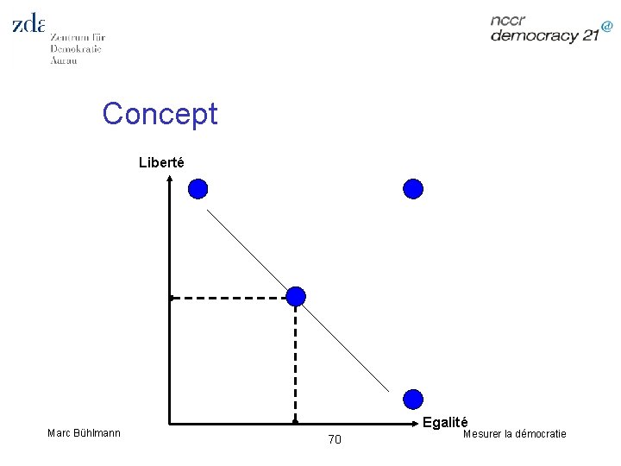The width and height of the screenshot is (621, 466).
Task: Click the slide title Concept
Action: coord(160,113)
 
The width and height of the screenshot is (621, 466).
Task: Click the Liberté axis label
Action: coord(161,161)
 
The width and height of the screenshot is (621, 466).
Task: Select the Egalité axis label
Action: coord(445,422)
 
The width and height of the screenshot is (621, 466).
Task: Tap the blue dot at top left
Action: coord(198,189)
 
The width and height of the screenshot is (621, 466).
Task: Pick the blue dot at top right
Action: coord(414,189)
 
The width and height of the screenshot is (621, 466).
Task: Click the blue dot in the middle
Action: coord(296,297)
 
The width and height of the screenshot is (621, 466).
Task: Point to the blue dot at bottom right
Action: coord(414,400)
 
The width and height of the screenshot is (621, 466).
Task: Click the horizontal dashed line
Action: coord(229,298)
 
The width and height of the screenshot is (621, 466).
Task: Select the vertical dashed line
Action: coord(296,362)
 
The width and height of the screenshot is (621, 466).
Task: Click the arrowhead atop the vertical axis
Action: coord(171,179)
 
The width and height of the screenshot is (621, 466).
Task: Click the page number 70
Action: coord(335,440)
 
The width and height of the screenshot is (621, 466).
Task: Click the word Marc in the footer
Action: coord(60,431)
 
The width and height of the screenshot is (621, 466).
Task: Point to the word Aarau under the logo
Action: coord(64,60)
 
